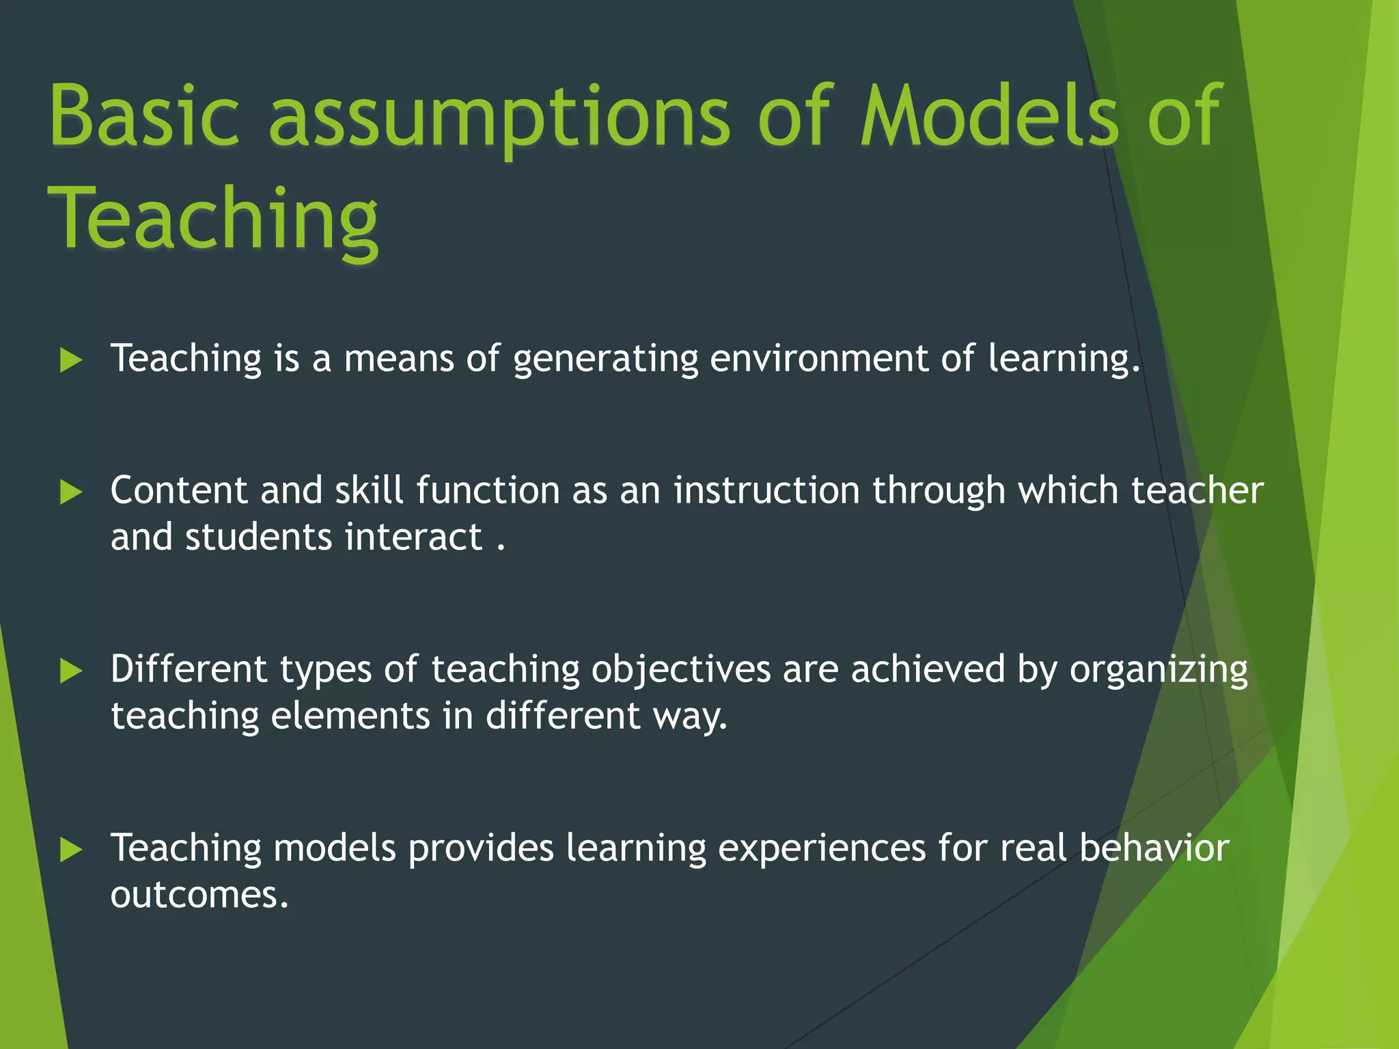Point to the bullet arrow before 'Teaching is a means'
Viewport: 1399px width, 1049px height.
(71, 360)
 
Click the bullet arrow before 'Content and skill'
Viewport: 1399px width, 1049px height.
(71, 492)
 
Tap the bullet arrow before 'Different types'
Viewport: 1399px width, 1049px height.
(71, 671)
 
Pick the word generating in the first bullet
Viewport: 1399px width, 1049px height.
(605, 359)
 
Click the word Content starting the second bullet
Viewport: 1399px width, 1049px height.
(179, 490)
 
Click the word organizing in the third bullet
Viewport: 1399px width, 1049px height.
(1159, 669)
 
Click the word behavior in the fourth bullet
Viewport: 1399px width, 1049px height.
(1154, 848)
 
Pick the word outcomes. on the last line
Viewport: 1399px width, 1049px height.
(199, 895)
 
